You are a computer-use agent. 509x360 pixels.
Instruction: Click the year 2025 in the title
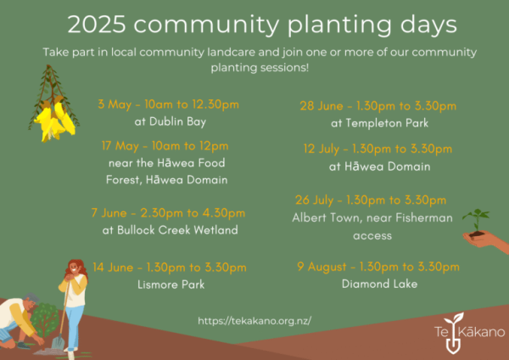(97, 25)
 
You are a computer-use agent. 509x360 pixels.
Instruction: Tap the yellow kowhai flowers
(55, 119)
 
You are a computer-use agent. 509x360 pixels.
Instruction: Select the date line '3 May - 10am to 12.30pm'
(168, 104)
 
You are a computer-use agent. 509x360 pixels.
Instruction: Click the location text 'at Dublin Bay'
(171, 122)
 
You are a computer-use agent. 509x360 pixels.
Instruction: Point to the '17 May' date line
(165, 146)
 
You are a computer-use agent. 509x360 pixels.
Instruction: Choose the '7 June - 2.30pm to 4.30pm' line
(168, 213)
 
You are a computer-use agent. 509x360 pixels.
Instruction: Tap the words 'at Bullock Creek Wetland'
(171, 230)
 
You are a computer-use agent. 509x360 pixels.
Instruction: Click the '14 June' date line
(170, 267)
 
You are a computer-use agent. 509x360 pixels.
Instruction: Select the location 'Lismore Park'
(171, 284)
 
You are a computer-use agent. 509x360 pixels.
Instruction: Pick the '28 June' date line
(378, 106)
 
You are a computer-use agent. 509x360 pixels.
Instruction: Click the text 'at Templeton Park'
(379, 123)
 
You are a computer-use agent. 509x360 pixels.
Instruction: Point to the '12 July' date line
(378, 149)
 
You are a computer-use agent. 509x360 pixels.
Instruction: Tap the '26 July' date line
(371, 200)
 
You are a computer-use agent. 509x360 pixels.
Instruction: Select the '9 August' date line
(378, 267)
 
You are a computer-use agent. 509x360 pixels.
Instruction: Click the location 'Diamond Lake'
(379, 284)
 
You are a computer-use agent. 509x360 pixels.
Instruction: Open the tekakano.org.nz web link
(255, 321)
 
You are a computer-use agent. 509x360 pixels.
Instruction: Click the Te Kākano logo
(469, 333)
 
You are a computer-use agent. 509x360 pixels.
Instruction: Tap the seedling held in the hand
(477, 222)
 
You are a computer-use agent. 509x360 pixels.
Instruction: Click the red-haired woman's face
(75, 268)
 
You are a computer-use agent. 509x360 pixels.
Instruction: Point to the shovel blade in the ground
(59, 342)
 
